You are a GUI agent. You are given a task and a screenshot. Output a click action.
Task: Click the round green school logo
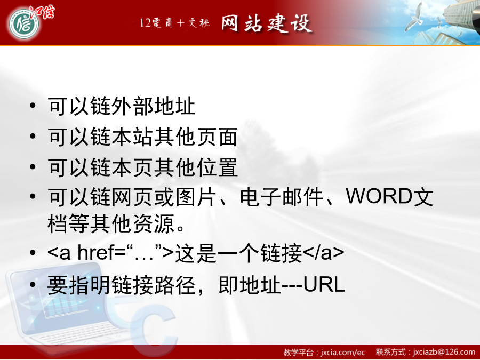[x=24, y=24]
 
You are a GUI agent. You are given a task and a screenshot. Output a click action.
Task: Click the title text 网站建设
[x=266, y=23]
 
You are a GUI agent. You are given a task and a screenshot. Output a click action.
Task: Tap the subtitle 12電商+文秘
[x=175, y=23]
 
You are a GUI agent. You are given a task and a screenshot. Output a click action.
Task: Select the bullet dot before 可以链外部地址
[x=33, y=106]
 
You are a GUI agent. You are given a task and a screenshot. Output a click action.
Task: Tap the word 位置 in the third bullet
[x=217, y=167]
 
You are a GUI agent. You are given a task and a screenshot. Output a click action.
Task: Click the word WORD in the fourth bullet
[x=379, y=196]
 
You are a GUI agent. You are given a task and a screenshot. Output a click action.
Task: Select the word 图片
[x=196, y=196]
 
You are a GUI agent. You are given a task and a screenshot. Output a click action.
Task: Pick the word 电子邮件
[x=281, y=196]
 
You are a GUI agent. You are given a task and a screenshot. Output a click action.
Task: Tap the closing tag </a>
[x=324, y=253]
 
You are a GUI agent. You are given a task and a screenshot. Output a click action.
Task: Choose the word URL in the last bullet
[x=324, y=284]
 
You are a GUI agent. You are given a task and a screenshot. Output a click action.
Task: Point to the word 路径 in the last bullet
[x=175, y=285]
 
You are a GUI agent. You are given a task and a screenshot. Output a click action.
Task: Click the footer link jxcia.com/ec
[x=343, y=353]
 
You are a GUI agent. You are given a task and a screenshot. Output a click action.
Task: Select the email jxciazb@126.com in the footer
[x=444, y=352]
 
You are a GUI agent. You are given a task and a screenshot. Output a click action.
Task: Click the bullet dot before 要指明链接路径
[x=33, y=284]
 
